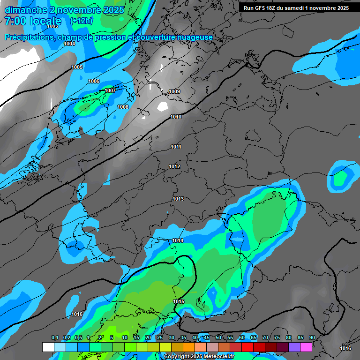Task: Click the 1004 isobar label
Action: coord(69,44)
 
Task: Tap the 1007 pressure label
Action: coord(110,90)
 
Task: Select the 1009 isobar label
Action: coord(174,91)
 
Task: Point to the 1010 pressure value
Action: coord(176,117)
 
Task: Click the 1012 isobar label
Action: coord(174,166)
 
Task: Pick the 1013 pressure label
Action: coord(178,199)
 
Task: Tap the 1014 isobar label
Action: coord(178,240)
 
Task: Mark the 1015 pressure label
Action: coord(179,301)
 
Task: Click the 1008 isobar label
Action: coord(123,107)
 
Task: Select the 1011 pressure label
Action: coord(176,147)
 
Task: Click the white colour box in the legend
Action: coord(48,347)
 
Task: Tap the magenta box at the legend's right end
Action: coord(306,347)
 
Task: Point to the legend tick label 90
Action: coord(312,337)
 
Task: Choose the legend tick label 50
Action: coord(218,337)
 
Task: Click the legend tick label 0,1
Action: coord(54,337)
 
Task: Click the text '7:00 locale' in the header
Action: coord(33,21)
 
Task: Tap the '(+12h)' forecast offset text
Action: coord(82,21)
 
